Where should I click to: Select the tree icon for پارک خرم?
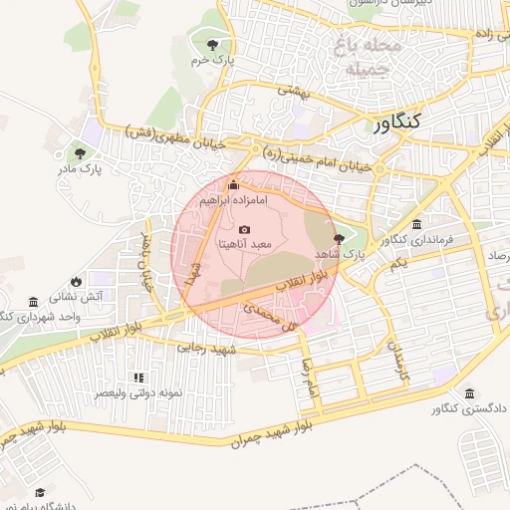pos(212,45)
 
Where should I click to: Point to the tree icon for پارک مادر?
pos(80,153)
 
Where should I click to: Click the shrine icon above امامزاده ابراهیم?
pos(234,184)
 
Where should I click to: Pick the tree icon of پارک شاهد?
pos(340,239)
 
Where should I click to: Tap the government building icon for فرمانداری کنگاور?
pos(415,224)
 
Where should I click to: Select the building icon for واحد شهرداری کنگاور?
pos(35,302)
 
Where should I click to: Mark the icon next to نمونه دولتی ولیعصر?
pos(138,378)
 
